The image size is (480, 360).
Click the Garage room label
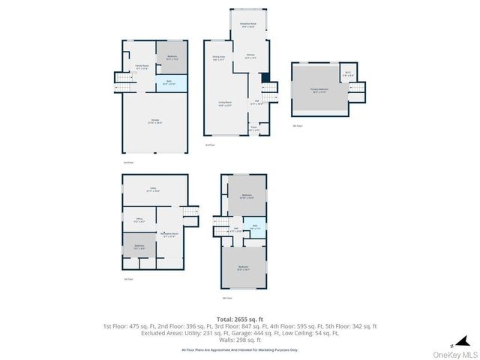pos(154,122)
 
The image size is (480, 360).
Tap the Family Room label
pos(141,66)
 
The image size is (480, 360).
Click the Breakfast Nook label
pos(248,25)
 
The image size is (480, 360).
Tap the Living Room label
pos(224,104)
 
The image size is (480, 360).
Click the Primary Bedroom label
pos(319,90)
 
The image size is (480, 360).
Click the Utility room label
pos(153,190)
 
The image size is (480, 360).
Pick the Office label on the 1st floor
pos(138,220)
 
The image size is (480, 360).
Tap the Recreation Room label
pos(169,234)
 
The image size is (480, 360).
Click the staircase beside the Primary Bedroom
pos(357,90)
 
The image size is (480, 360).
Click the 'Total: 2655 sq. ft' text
pos(239,319)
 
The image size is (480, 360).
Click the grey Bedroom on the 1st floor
pos(139,246)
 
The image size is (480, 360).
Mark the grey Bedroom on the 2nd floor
pos(171,57)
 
